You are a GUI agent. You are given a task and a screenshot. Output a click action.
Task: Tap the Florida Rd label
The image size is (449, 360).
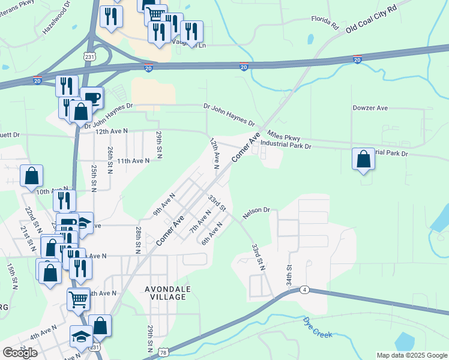[x=325, y=23]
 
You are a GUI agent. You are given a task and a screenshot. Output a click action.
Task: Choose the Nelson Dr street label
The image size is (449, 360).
[x=257, y=212]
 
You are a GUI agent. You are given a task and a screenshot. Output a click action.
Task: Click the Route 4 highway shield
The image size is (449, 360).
[x=305, y=290]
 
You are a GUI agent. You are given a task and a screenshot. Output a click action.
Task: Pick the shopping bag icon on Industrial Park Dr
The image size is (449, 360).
[x=363, y=160]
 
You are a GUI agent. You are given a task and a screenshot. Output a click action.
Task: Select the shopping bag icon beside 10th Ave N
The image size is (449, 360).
[x=32, y=176]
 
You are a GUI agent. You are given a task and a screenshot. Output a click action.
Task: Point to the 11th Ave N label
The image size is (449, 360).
[x=133, y=161]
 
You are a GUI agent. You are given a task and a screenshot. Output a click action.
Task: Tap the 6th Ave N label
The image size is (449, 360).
[x=212, y=233]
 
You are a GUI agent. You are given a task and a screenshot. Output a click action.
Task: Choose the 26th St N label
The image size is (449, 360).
[x=111, y=160]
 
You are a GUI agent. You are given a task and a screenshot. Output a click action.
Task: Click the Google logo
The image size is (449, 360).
[x=20, y=353]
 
